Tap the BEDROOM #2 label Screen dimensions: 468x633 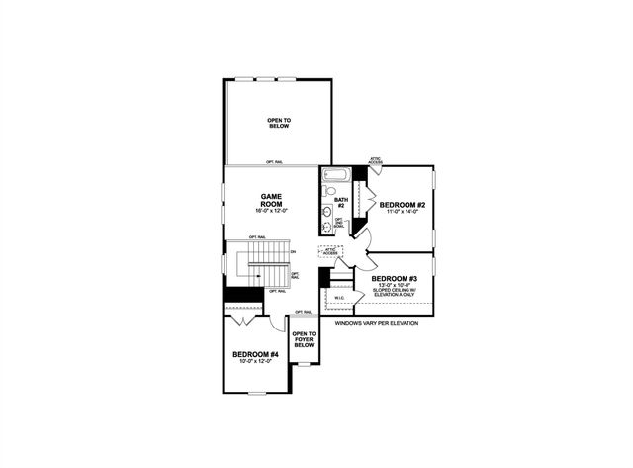402,205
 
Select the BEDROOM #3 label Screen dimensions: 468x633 395,278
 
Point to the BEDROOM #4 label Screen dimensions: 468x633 255,354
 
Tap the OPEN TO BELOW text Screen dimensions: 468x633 279,124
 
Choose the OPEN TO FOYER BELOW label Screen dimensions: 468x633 304,339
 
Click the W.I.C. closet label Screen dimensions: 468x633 339,296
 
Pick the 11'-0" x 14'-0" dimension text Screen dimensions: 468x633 402,213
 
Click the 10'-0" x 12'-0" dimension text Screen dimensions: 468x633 255,362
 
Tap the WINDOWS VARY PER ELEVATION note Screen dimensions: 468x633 377,323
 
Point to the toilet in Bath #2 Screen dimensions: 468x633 329,190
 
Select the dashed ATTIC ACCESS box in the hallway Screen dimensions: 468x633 330,252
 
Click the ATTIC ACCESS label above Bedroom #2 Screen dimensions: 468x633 376,159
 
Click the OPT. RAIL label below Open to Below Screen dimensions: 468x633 277,161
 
